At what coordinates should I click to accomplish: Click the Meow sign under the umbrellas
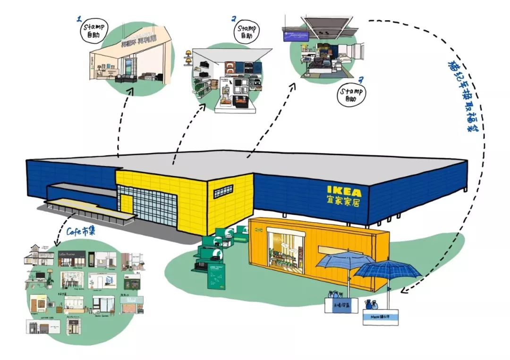pos(380,317)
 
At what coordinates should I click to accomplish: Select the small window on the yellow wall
pos(223,193)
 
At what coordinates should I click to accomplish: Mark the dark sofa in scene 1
pos(125,78)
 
